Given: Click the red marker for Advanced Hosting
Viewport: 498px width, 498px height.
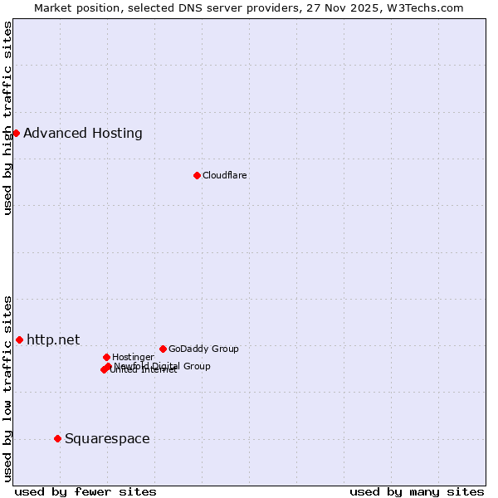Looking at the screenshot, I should pos(16,133).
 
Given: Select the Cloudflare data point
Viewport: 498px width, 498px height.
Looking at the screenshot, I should pos(197,175).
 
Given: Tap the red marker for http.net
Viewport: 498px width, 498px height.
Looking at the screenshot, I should pos(19,339).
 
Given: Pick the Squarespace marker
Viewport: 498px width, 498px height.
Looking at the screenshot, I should pos(57,438).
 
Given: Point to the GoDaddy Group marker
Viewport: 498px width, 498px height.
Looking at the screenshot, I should pos(163,349).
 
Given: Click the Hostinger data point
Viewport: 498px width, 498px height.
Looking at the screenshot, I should pos(106,357).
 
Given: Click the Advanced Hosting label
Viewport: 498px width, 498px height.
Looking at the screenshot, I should pos(83,133).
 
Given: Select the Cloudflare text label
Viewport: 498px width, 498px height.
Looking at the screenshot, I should pos(225,175).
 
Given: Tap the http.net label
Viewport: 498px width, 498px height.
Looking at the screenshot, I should pos(53,339).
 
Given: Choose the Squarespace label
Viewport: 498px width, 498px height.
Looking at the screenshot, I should pos(107,438).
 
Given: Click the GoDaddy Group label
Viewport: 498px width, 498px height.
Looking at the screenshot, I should pos(203,349).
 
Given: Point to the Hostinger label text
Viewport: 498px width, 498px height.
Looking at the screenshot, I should pos(133,357).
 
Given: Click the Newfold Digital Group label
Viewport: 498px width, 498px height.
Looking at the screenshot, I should pos(163,365).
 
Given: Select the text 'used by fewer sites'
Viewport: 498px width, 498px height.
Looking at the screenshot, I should pos(85,491).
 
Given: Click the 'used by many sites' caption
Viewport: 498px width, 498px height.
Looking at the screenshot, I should pos(417,491).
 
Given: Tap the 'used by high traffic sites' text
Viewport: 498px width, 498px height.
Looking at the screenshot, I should pos(7,118).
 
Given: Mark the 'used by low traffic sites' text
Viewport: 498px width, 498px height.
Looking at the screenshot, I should pos(7,388).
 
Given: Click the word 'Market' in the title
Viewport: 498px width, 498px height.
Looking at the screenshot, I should pos(53,7).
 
